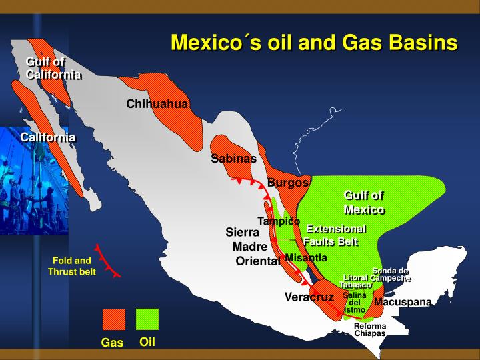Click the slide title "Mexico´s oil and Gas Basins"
point(314,42)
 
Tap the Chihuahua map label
point(157,104)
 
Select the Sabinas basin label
point(233,158)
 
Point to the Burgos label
point(288,183)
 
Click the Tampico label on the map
point(279,221)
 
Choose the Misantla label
point(306,257)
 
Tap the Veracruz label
point(309,297)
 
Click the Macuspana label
point(403,302)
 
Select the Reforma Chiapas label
point(370,329)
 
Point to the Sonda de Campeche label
point(391,274)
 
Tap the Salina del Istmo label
point(355,302)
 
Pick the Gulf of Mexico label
point(364,202)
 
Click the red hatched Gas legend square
point(113,320)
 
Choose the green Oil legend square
point(147,319)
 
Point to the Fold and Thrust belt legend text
point(72,266)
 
